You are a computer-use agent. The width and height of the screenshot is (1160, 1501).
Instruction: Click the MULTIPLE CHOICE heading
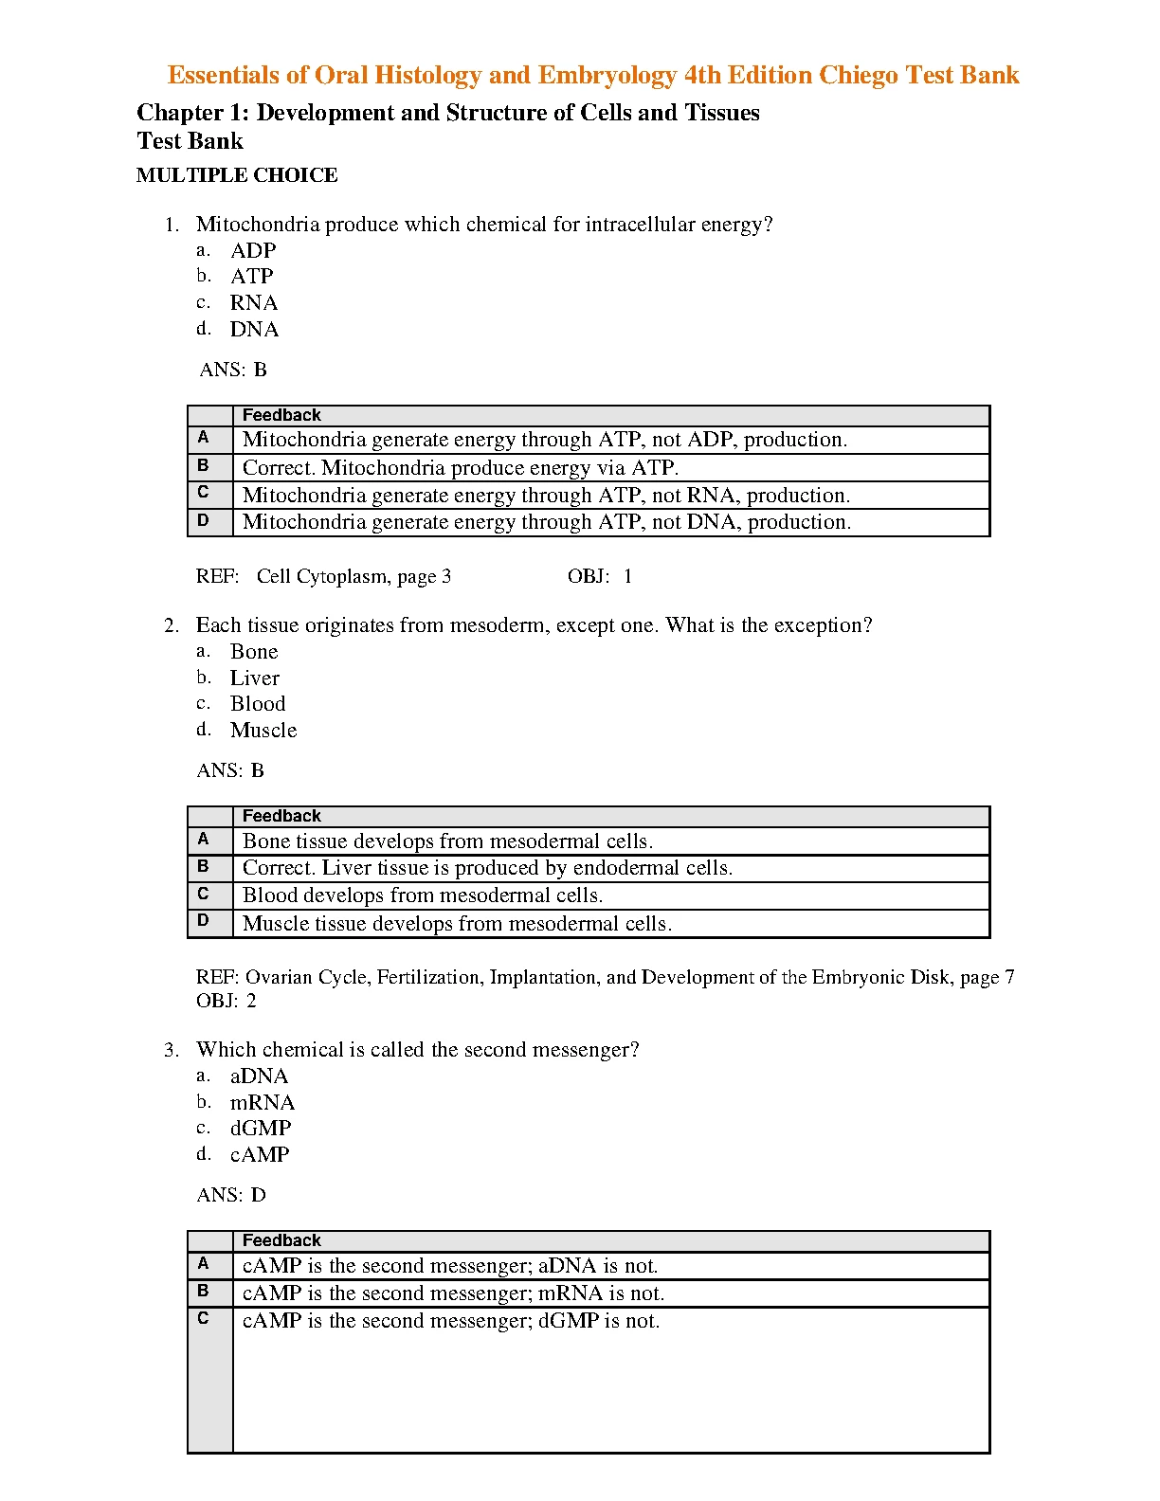(x=237, y=175)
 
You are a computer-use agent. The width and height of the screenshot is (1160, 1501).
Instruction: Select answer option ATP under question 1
(x=252, y=277)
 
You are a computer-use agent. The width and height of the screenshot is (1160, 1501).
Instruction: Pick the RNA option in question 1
(x=254, y=303)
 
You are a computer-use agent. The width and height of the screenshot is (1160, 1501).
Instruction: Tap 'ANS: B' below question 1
(x=233, y=370)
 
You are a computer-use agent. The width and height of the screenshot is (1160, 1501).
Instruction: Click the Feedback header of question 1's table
(x=281, y=415)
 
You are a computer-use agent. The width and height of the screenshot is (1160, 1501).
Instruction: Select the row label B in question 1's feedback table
(x=203, y=465)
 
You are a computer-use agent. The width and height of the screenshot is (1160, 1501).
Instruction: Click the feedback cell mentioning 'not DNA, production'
(x=547, y=522)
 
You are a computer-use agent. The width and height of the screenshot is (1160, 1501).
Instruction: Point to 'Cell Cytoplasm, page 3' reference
(x=353, y=576)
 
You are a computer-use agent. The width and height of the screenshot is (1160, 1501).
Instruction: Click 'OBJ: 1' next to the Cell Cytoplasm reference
(x=600, y=576)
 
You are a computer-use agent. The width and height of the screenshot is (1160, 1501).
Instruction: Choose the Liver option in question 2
(x=255, y=678)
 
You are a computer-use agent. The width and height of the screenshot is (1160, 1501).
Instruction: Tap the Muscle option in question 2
(x=263, y=731)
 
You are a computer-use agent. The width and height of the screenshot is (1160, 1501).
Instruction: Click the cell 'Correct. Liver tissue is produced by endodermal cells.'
(x=487, y=868)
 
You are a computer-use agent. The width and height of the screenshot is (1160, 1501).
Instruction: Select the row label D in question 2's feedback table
(x=203, y=920)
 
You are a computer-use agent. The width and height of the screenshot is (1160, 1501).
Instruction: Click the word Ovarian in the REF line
(x=278, y=977)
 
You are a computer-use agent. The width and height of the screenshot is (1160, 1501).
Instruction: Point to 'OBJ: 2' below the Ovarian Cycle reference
(x=227, y=1001)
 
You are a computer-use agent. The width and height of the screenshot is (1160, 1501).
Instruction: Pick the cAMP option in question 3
(x=260, y=1155)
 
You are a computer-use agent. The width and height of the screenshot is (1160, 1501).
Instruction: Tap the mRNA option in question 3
(x=263, y=1103)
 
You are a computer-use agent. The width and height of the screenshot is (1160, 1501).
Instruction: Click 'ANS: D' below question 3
(x=231, y=1195)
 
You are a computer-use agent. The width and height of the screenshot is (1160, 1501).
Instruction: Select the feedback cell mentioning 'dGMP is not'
(x=451, y=1321)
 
